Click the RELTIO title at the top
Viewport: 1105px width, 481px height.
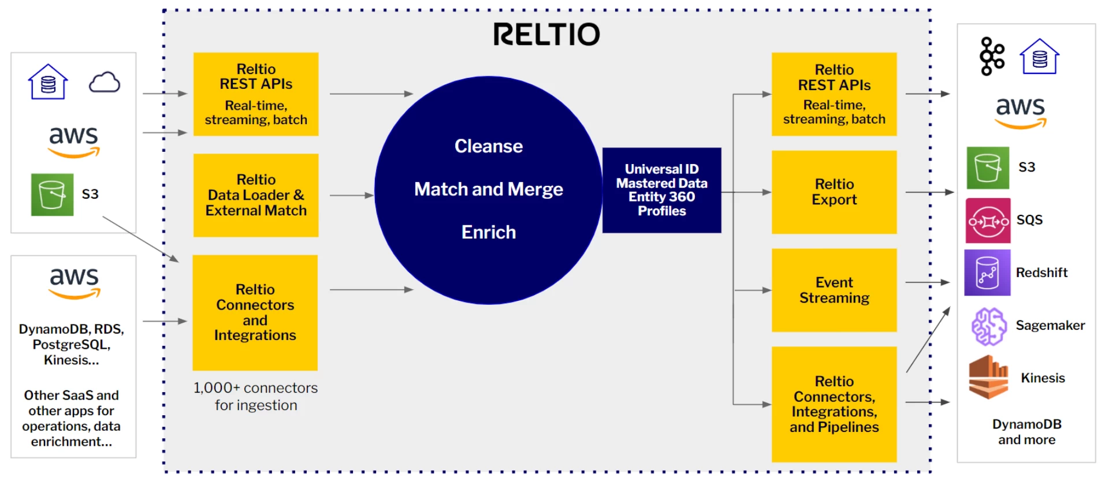tap(546, 35)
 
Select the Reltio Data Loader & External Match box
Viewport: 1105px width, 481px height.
tap(255, 195)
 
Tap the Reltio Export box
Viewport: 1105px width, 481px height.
tap(834, 192)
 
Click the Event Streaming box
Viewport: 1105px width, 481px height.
tap(834, 290)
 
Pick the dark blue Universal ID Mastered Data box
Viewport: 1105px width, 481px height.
tap(661, 190)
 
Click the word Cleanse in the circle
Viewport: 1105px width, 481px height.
tap(488, 146)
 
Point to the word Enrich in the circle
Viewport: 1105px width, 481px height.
tap(488, 232)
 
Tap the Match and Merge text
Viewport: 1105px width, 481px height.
tap(488, 189)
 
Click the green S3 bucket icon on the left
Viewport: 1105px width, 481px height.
tap(52, 195)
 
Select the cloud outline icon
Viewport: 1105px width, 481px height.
tap(104, 83)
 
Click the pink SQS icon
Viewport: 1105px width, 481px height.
tap(988, 221)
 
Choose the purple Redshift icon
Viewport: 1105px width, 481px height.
tap(987, 273)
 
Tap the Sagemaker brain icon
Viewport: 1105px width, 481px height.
tap(988, 326)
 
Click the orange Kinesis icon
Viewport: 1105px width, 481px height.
tap(988, 378)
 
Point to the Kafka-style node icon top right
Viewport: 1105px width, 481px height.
tap(992, 56)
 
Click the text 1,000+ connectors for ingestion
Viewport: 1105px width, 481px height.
tap(255, 396)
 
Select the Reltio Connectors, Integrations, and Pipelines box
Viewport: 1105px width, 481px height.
tap(834, 404)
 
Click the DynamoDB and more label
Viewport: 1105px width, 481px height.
tap(1026, 432)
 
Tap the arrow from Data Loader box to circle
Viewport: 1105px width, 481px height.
tap(351, 195)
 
